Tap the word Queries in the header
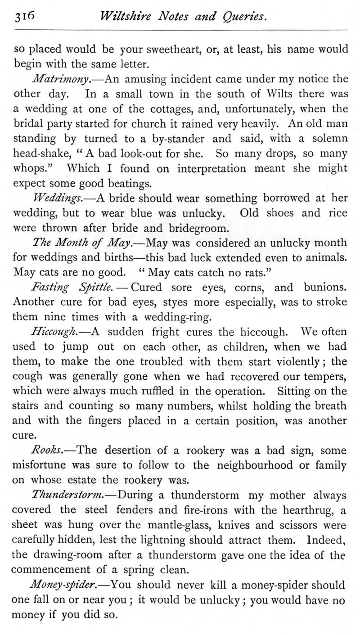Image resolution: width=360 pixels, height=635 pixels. [243, 17]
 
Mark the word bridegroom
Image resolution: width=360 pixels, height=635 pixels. [197, 228]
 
